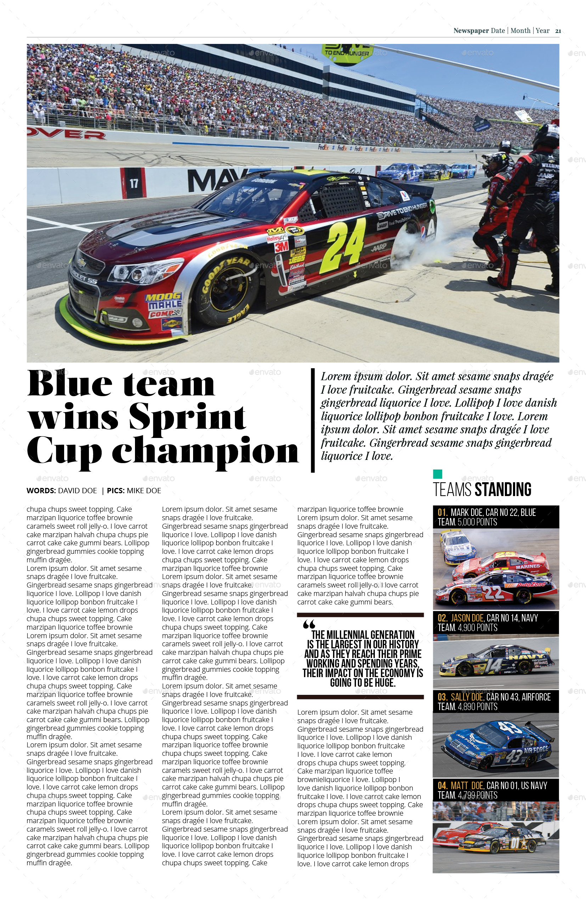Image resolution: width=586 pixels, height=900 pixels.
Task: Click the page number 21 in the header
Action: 558,31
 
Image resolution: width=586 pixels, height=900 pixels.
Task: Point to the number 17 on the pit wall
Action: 134,184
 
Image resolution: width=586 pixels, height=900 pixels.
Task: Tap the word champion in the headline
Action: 205,451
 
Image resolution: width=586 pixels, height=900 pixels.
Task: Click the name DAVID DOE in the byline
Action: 77,491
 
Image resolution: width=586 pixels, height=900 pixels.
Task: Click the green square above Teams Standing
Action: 438,474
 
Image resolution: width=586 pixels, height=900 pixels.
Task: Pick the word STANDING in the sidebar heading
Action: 503,489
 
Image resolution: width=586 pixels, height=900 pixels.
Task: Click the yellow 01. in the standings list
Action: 443,513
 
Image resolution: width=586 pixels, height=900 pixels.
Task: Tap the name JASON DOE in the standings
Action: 467,618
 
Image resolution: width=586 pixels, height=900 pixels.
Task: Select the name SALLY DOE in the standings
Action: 467,697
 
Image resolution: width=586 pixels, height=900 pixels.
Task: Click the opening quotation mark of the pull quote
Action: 309,624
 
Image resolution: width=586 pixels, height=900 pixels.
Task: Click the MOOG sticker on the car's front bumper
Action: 163,297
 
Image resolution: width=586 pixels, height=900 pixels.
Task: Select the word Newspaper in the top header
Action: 471,31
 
